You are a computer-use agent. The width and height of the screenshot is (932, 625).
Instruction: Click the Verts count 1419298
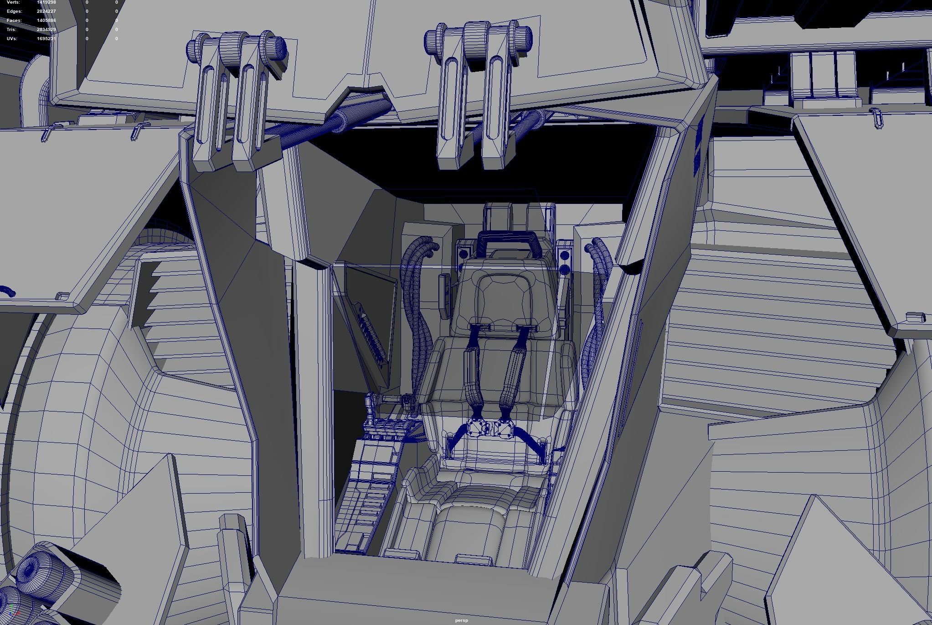coord(46,2)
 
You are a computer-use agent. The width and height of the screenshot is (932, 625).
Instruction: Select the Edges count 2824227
coord(46,11)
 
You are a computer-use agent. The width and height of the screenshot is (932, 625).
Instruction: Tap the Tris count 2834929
coord(46,30)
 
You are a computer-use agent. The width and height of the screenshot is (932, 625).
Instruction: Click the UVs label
coord(12,39)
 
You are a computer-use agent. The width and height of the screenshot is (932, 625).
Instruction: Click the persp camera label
coord(461,620)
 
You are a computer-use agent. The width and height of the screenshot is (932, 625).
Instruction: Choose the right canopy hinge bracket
coord(476,91)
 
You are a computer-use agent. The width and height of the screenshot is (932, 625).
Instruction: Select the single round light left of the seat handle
coord(463,253)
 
